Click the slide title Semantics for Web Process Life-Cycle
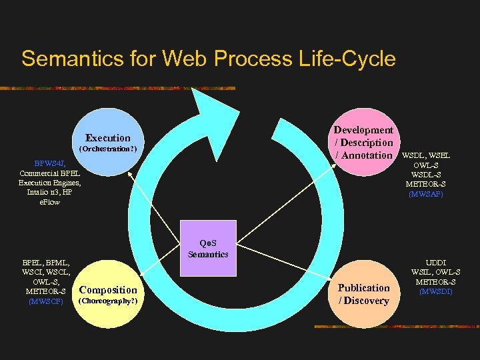[208, 59]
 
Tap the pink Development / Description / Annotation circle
[363, 143]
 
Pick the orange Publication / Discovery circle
[363, 294]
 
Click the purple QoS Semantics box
[208, 249]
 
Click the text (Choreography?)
[108, 301]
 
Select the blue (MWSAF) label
[425, 194]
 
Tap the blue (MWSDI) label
[436, 291]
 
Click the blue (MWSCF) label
[45, 301]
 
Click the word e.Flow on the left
[50, 201]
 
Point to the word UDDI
[436, 263]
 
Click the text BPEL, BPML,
[46, 263]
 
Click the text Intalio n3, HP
[50, 192]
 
